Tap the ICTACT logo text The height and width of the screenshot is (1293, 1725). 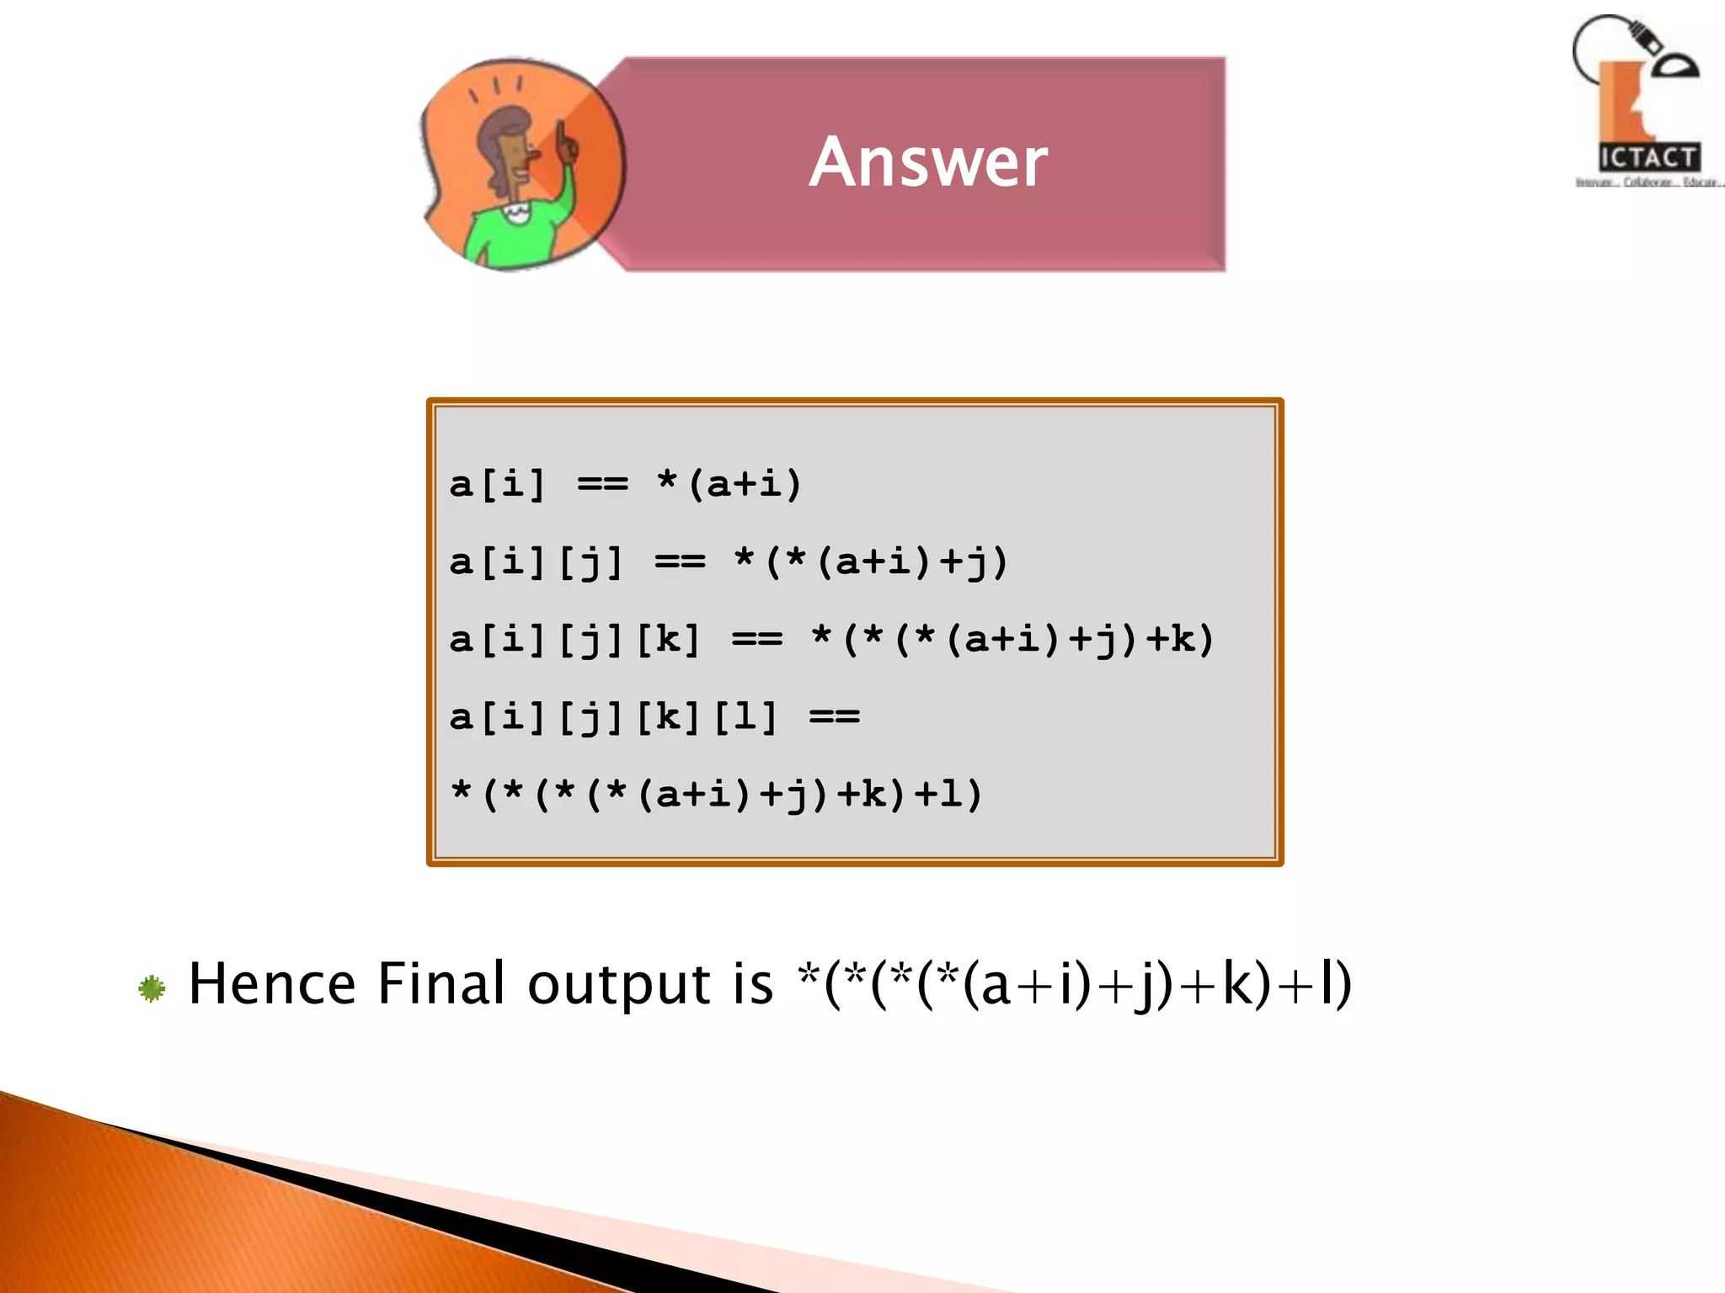[x=1648, y=157]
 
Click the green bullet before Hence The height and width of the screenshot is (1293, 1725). [x=152, y=988]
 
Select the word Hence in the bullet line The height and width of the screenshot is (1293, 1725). [x=272, y=983]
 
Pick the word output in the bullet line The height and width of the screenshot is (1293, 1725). [x=619, y=985]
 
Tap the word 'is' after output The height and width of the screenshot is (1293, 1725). [x=752, y=983]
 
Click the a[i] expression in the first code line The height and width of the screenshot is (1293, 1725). [x=498, y=484]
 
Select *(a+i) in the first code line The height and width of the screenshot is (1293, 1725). [x=729, y=484]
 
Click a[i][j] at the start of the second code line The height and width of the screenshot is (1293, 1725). [x=537, y=561]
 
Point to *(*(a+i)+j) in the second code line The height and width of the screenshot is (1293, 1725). [x=871, y=561]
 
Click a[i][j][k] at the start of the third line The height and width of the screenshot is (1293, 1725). [x=575, y=640]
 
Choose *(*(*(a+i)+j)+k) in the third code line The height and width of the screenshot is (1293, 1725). [x=1012, y=640]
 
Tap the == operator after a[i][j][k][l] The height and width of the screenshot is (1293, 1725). [x=835, y=718]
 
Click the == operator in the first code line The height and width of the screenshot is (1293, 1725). [x=603, y=485]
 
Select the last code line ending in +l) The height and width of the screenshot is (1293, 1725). [x=717, y=795]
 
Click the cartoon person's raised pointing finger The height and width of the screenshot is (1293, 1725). [x=560, y=135]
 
